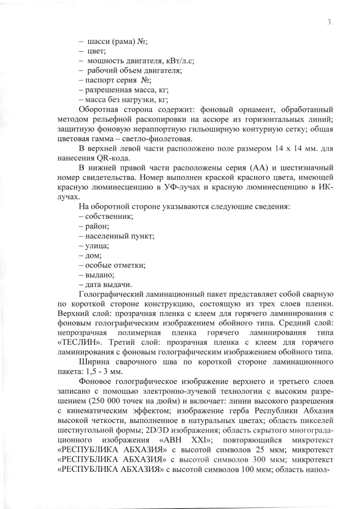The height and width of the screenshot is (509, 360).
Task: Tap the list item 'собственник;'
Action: pyautogui.click(x=110, y=216)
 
